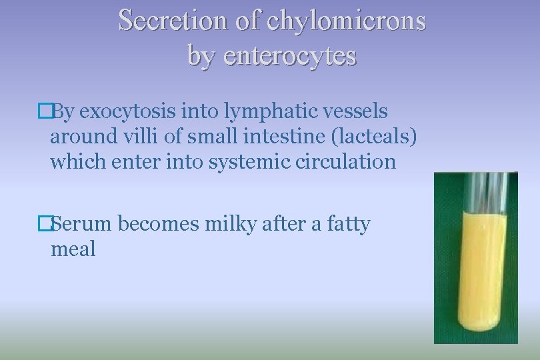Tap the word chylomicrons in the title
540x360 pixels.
pos(346,21)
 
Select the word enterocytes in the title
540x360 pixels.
pos(291,56)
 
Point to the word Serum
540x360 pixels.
pos(83,224)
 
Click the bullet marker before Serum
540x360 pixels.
pos(45,225)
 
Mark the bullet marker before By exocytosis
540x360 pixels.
pos(45,111)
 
